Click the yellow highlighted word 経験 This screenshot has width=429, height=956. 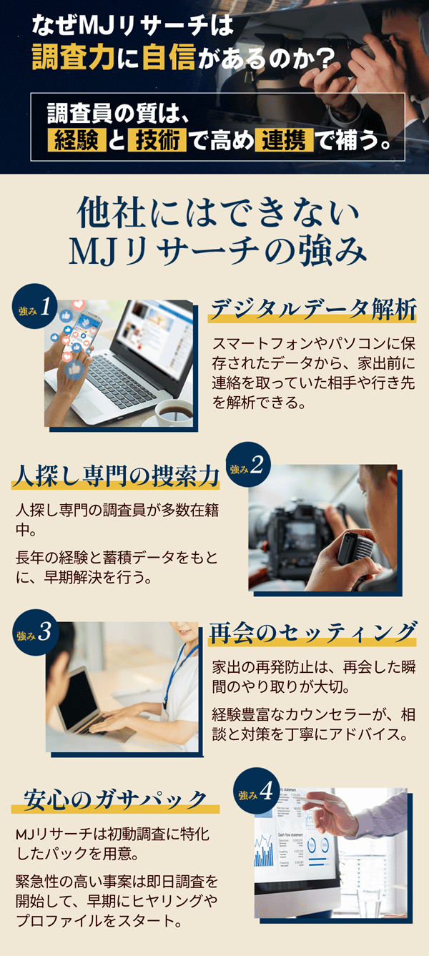[x=77, y=140]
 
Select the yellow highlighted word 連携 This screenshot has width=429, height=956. [x=284, y=140]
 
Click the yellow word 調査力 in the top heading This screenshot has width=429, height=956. [x=73, y=57]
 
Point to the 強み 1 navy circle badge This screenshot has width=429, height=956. [x=35, y=306]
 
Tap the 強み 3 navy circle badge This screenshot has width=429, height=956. [x=35, y=632]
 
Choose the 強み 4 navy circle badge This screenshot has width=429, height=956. [x=257, y=791]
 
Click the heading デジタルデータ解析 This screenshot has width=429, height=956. [x=313, y=309]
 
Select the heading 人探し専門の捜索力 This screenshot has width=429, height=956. [x=116, y=476]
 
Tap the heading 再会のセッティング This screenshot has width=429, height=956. [x=312, y=632]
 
